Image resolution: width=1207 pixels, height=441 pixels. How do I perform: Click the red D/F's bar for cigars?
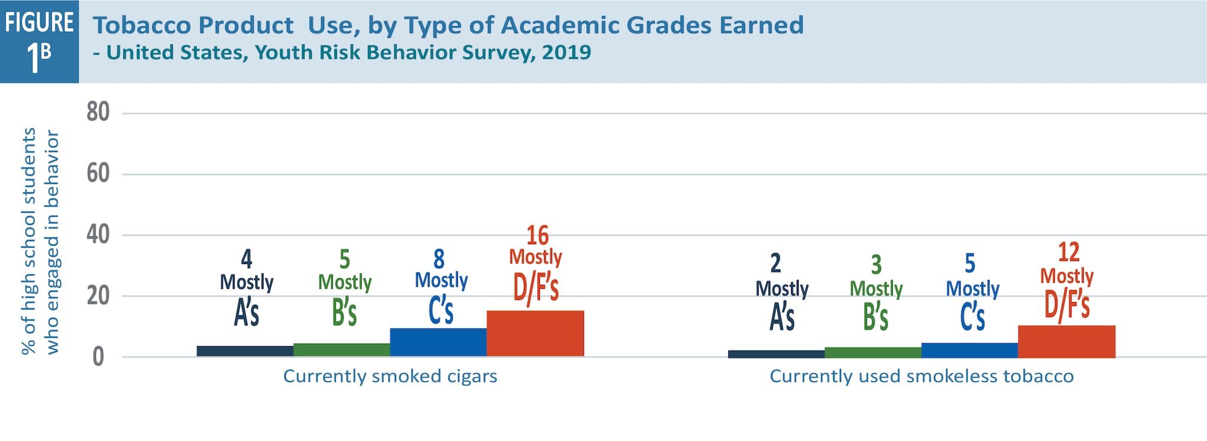(535, 333)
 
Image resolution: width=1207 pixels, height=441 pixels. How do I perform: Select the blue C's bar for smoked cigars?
(438, 342)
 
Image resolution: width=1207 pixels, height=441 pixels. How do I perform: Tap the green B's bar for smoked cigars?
(342, 350)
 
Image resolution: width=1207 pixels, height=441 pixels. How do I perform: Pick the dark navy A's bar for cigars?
(245, 351)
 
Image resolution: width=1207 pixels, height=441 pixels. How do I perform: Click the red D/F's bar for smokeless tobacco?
(1067, 341)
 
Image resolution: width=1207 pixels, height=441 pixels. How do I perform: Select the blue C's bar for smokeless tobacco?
(970, 350)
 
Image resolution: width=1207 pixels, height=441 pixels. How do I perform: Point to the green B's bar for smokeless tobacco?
(873, 353)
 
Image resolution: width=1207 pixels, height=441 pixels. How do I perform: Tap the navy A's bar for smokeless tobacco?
(777, 354)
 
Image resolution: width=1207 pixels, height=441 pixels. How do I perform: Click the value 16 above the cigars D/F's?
(537, 235)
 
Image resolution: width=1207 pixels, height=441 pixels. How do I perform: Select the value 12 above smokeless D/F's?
(1069, 252)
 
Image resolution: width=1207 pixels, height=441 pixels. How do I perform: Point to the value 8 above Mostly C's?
(439, 259)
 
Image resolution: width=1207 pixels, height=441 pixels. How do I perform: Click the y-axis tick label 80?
(98, 112)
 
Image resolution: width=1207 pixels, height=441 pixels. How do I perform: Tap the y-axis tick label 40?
(98, 235)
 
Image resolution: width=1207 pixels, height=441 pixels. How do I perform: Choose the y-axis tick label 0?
(98, 357)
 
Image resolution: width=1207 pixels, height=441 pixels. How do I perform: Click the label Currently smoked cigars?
(390, 376)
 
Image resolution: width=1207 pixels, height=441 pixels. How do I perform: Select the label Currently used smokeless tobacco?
(921, 376)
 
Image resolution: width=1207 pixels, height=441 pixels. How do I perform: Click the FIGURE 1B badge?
(39, 41)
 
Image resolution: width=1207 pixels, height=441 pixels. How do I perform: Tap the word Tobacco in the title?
(137, 25)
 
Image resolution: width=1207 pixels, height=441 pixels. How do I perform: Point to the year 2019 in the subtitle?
(566, 52)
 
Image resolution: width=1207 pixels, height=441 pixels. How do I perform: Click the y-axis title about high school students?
(40, 242)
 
